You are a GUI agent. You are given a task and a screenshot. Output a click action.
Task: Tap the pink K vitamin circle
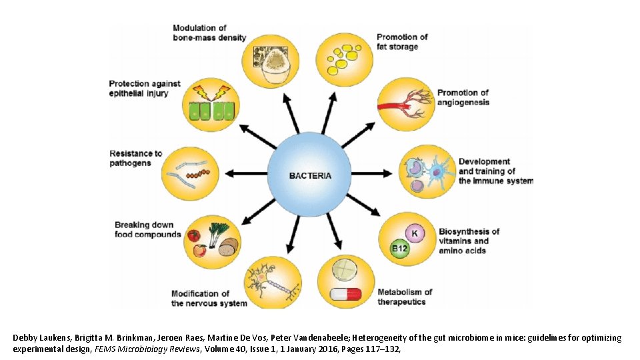[415, 233]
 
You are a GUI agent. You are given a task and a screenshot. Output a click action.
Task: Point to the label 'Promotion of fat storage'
[402, 42]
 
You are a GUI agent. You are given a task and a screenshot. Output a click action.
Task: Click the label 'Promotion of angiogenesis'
[463, 97]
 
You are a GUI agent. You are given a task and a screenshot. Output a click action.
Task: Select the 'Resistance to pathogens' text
[136, 158]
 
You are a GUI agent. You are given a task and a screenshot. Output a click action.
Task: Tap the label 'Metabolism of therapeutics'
[405, 297]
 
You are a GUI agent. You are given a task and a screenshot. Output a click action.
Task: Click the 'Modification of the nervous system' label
[209, 298]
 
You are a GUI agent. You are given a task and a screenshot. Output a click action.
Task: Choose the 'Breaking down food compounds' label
[147, 229]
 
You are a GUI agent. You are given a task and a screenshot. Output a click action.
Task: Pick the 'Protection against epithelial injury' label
[145, 88]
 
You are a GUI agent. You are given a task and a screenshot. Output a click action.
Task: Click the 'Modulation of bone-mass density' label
[209, 33]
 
